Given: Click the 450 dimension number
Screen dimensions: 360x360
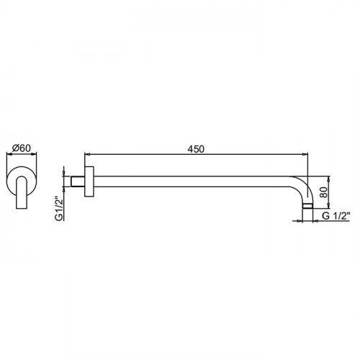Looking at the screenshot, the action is tap(196, 149).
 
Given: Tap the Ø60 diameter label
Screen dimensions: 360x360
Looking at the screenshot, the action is tap(22, 148).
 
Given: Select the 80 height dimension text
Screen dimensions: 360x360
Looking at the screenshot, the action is tap(324, 192).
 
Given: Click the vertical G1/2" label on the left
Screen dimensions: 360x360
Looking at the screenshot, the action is tap(59, 209).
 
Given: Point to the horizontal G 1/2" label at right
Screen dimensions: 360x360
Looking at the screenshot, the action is tap(336, 216).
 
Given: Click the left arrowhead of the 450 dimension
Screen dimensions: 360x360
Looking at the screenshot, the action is tap(87, 154).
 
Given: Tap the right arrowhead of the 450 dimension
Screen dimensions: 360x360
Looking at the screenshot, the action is tap(305, 154).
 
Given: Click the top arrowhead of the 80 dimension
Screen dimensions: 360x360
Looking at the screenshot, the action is tap(328, 179).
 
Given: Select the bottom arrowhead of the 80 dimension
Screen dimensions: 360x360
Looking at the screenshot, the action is tap(328, 206).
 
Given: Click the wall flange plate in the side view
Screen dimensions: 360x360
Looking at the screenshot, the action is tap(89, 181).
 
